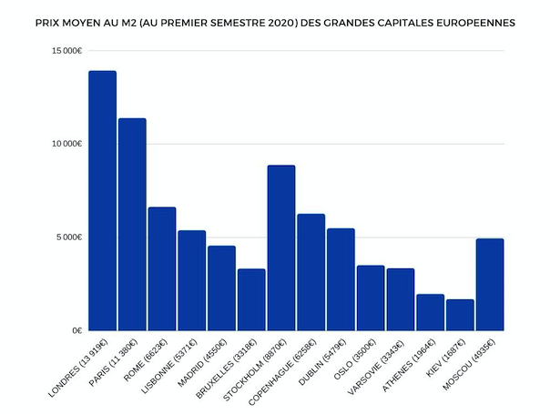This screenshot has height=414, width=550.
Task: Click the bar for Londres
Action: [x=102, y=200]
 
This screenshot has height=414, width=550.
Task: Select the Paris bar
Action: [x=132, y=225]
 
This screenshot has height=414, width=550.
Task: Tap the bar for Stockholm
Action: [x=281, y=247]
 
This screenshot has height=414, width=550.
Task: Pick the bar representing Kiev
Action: [x=460, y=315]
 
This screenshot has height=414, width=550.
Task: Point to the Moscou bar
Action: [x=490, y=285]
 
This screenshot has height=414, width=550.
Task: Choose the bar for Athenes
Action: [x=431, y=312]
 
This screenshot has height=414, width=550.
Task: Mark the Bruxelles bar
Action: [x=251, y=299]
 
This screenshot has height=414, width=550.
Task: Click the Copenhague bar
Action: [x=311, y=272]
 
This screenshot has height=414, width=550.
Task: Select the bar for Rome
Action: [x=162, y=268]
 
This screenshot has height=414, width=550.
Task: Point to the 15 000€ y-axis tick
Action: [x=67, y=51]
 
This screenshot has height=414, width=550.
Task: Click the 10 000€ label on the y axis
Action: [x=67, y=144]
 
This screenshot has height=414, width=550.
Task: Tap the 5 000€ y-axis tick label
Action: [x=69, y=237]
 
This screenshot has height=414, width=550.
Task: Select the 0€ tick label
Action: [x=77, y=330]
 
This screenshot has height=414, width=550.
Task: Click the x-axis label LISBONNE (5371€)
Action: [x=169, y=366]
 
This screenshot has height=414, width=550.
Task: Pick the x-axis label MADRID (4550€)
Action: [x=203, y=363]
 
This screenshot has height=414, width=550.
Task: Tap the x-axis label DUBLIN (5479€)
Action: [x=322, y=362]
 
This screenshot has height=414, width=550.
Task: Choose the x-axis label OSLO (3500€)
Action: [x=354, y=358]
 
